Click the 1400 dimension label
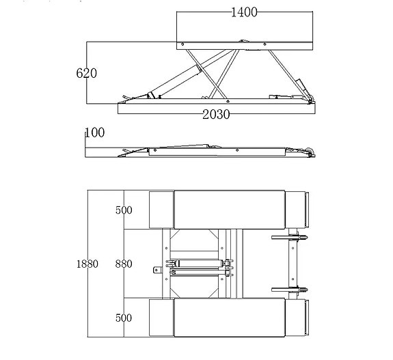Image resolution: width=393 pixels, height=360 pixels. coord(244,12)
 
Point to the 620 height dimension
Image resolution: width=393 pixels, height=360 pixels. coord(87,73)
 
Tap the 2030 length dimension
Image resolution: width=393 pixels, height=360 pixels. coord(216,115)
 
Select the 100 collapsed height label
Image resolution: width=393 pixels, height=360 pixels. coord(95,133)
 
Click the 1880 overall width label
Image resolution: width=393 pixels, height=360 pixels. coord(87,264)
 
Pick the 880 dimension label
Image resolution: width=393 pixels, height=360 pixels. coord(124,264)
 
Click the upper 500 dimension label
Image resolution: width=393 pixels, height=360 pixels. coord(124,210)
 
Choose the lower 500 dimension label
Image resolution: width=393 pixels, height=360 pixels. coord(124,318)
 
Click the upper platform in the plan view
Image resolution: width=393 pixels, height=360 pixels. coord(230,210)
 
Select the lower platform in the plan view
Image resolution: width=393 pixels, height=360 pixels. coord(230,318)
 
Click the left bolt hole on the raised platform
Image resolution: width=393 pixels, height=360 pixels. coord(182,44)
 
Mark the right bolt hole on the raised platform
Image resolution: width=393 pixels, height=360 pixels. coord(265,44)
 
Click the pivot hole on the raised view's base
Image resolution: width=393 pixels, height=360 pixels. coord(228,101)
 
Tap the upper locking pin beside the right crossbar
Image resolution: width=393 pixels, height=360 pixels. coord(290,237)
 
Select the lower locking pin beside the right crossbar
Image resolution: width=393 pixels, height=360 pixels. coord(290,290)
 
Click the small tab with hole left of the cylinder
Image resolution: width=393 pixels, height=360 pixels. coord(157,270)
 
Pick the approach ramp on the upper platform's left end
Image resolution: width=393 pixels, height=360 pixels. coord(162,210)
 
